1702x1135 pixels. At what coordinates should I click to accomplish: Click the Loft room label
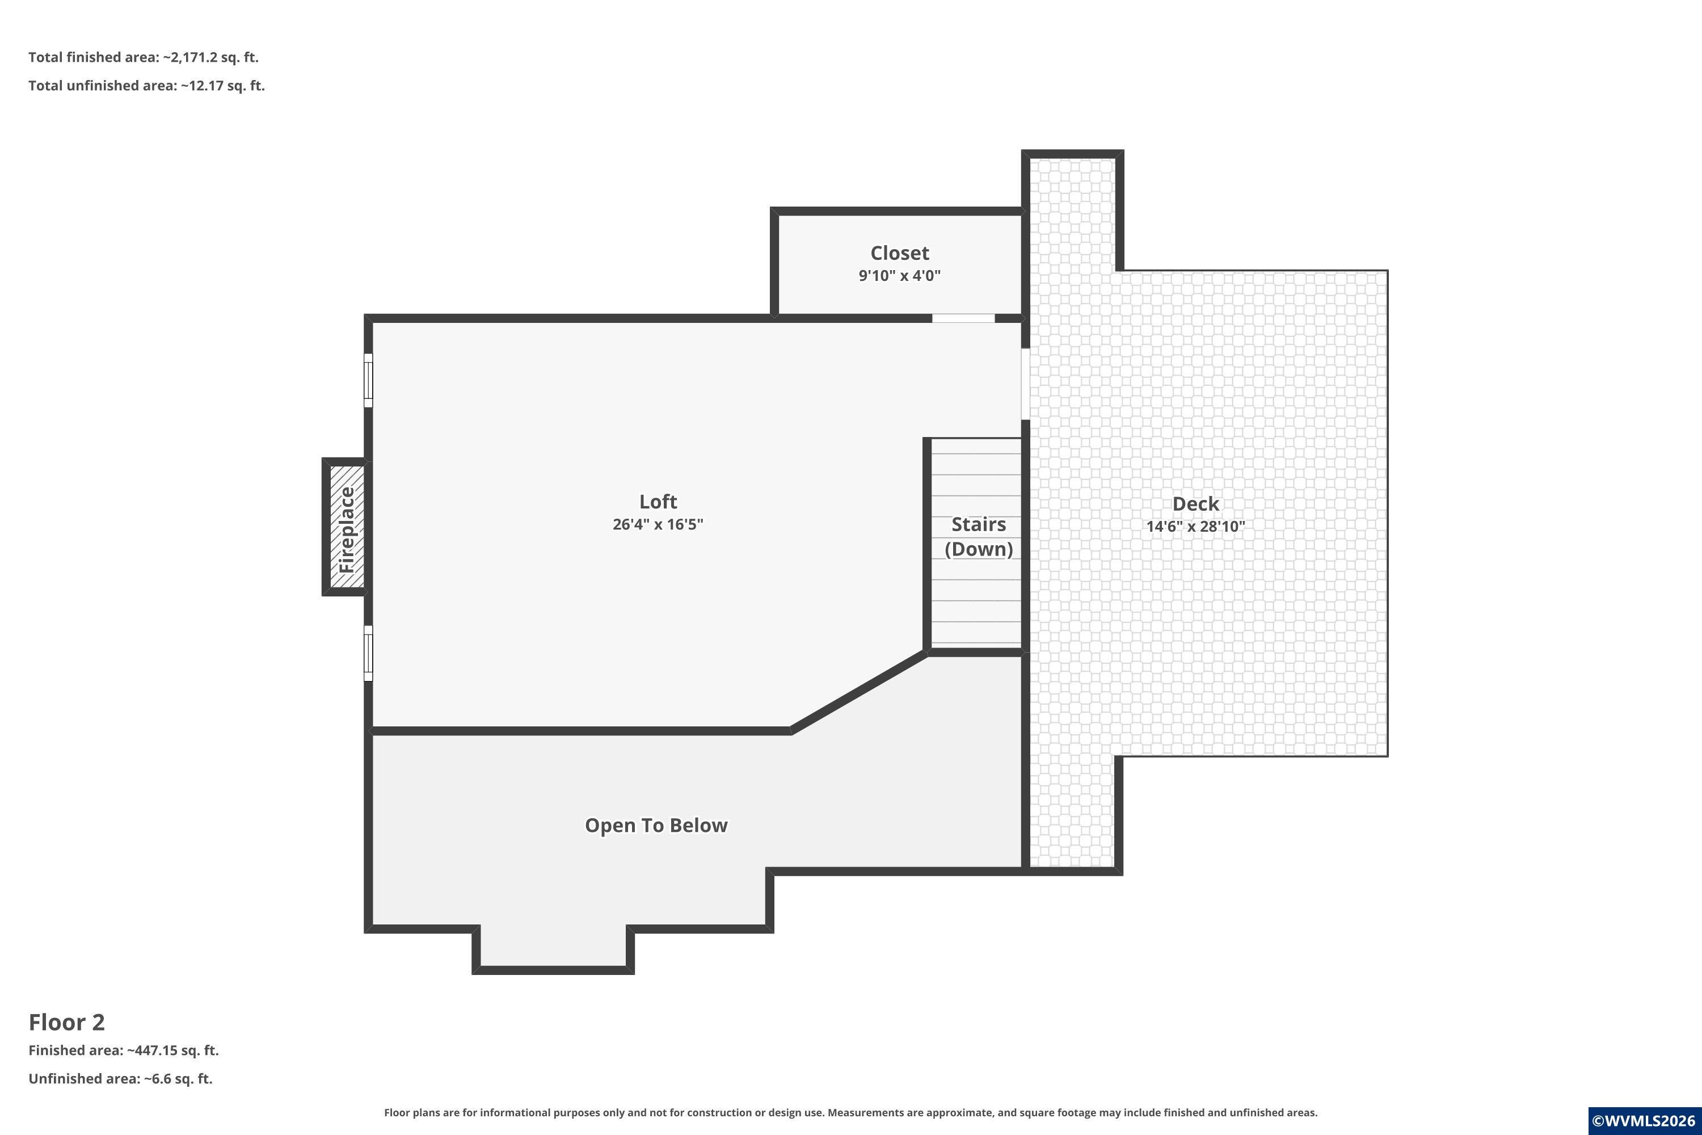[658, 502]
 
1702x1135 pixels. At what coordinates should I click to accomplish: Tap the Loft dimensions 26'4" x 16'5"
[658, 524]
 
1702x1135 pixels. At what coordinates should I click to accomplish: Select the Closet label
[899, 253]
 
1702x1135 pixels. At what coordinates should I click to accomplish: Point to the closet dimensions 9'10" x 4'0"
[899, 275]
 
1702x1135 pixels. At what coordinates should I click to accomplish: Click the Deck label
[1195, 504]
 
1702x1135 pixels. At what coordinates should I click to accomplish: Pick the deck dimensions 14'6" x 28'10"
[1195, 526]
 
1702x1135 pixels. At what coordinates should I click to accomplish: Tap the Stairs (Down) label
[978, 536]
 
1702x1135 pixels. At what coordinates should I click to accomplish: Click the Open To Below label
[656, 825]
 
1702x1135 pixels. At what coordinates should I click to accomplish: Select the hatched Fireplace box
[347, 527]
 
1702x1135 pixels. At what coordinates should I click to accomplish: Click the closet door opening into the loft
[963, 318]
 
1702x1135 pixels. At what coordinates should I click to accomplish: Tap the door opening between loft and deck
[1025, 384]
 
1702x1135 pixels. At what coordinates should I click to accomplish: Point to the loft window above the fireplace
[368, 380]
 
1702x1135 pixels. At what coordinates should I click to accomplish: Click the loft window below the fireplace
[368, 653]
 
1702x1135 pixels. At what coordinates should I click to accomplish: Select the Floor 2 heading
[66, 1022]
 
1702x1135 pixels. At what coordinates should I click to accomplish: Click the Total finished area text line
[144, 57]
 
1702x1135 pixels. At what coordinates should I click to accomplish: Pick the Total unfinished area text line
[147, 86]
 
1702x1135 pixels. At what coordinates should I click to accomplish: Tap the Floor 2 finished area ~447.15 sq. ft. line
[124, 1050]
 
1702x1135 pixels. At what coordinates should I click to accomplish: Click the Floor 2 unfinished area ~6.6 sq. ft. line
[121, 1079]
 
